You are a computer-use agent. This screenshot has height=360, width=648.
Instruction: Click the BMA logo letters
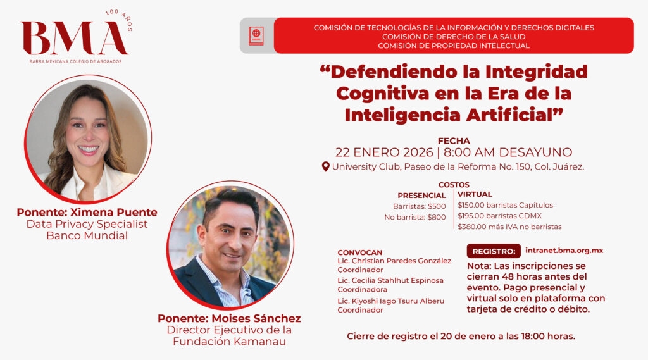75,38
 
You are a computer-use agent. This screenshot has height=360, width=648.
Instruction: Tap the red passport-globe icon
256,35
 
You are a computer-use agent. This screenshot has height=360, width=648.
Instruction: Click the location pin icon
326,166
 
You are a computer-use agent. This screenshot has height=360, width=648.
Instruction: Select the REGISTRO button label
494,251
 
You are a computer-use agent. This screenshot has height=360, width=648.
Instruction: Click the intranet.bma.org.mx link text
564,251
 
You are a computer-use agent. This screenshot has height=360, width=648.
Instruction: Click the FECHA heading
454,141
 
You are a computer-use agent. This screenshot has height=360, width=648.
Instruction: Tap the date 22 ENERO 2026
384,152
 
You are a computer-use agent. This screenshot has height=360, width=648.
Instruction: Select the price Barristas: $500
419,206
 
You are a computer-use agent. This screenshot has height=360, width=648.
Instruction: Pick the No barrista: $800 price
415,217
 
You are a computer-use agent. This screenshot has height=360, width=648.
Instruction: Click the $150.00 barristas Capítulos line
505,205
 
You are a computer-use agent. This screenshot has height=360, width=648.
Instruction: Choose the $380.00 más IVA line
509,227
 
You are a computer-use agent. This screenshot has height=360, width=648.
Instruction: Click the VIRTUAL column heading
475,194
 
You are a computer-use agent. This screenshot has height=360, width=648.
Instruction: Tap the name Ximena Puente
114,213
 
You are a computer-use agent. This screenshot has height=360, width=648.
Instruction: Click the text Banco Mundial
87,235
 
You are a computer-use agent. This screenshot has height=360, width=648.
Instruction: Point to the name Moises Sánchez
256,319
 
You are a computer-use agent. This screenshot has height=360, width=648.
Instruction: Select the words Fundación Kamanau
229,342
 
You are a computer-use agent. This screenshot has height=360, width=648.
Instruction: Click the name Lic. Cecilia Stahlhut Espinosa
390,280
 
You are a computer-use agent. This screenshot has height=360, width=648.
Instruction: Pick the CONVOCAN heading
360,252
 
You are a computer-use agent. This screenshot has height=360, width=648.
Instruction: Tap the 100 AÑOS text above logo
120,19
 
